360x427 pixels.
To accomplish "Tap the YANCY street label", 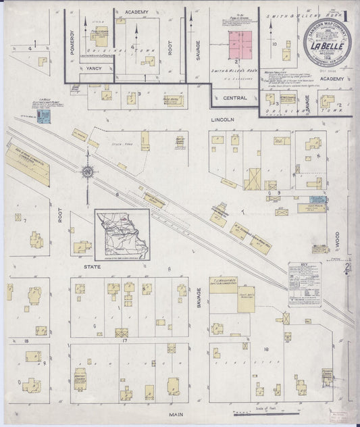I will [x=93, y=69].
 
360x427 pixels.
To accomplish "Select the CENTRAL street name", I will [x=226, y=97].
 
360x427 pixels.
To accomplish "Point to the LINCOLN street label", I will [x=222, y=120].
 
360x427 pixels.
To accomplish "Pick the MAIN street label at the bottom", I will [x=178, y=413].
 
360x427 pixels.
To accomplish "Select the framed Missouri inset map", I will [x=122, y=233].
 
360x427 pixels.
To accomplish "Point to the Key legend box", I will [x=305, y=284].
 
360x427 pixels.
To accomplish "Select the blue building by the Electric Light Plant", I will [x=45, y=118].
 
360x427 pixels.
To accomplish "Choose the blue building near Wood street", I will [x=318, y=200].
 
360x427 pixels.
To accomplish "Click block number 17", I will [x=126, y=340].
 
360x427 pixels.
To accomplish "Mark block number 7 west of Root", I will [x=24, y=220].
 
